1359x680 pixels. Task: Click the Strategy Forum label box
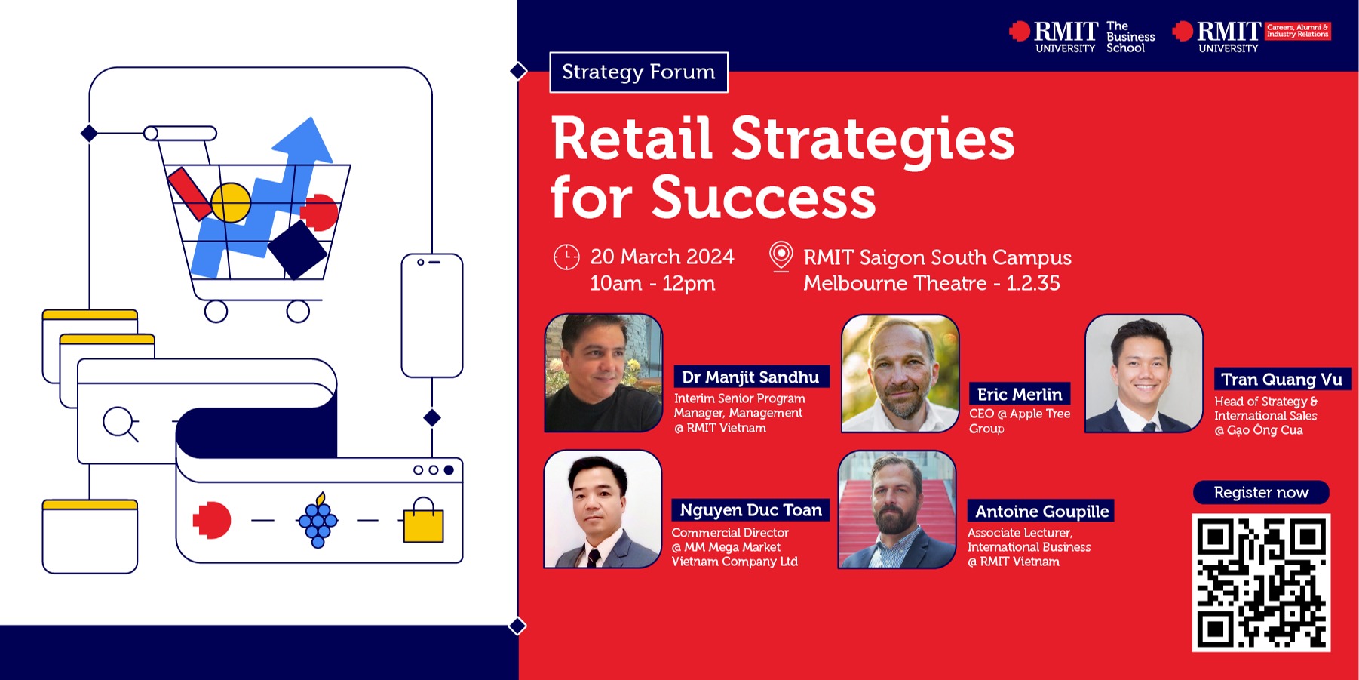(x=639, y=72)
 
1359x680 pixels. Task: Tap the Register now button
(x=1261, y=493)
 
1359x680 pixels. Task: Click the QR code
(x=1261, y=583)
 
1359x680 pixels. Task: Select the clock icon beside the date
(x=566, y=257)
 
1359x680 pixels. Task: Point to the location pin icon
(x=781, y=257)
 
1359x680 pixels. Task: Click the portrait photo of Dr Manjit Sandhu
(x=603, y=373)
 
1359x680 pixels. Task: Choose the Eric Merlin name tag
(x=1020, y=394)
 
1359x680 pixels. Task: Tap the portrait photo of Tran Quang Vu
(x=1143, y=374)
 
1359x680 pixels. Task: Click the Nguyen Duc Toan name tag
(x=751, y=510)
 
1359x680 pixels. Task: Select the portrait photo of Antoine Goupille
(x=897, y=509)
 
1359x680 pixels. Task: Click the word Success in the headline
(x=763, y=198)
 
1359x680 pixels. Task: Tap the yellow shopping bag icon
(x=423, y=520)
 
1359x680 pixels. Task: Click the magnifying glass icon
(x=121, y=423)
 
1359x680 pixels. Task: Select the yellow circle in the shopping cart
(x=231, y=202)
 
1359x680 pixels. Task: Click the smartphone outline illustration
(x=432, y=315)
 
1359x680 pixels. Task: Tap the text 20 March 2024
(x=662, y=257)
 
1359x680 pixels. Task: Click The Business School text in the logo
(x=1130, y=37)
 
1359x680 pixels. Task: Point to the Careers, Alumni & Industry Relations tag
(x=1297, y=31)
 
